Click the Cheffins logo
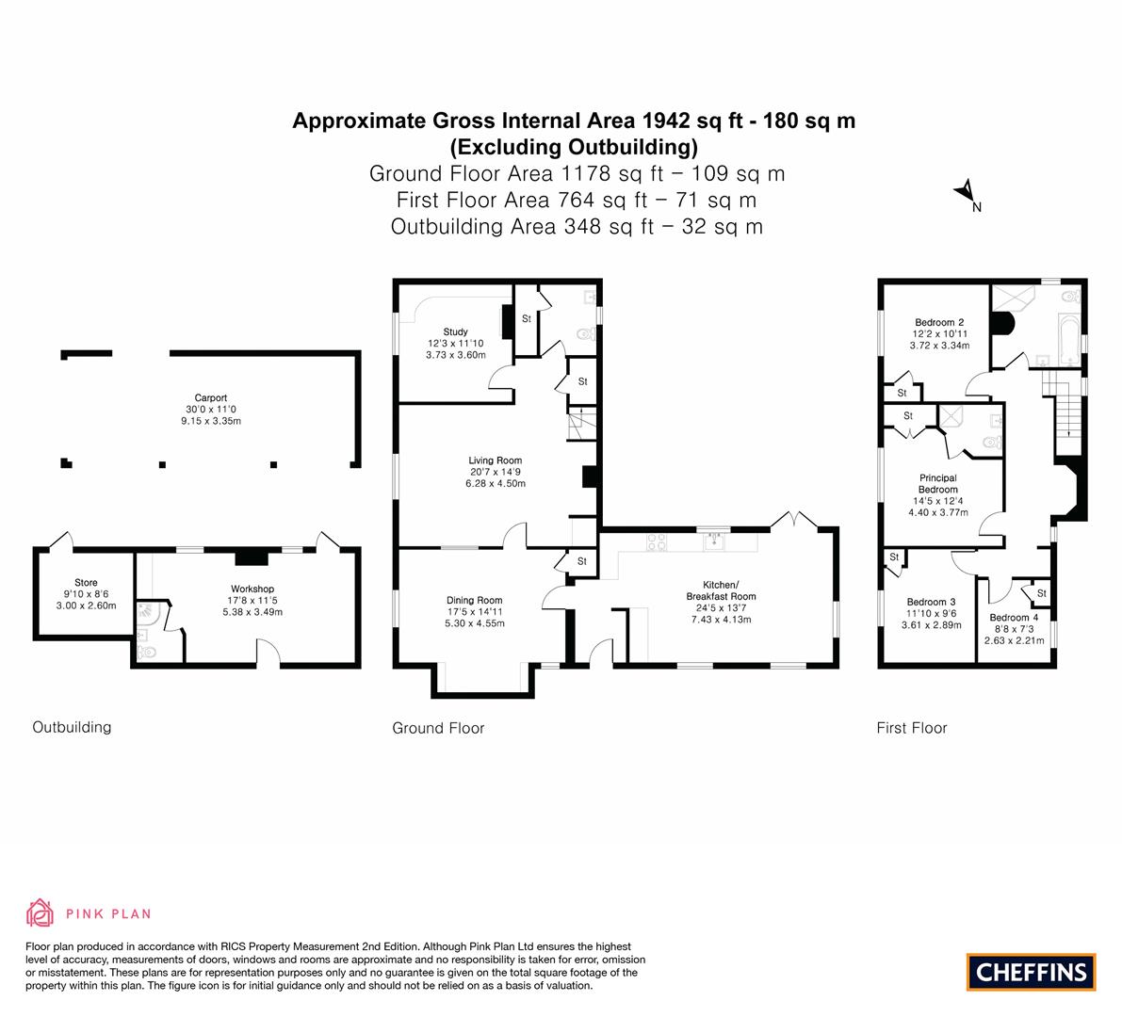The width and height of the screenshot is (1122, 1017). pos(1032,972)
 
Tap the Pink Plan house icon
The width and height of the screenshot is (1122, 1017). pos(40,912)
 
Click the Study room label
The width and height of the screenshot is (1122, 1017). pos(456,331)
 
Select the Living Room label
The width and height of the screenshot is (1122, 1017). pos(496,460)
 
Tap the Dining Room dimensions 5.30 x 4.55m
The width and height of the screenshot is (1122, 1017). pos(475,623)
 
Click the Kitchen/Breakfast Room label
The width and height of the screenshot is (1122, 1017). pos(721,590)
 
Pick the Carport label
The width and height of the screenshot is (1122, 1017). pos(210,397)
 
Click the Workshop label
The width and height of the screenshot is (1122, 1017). pos(252,589)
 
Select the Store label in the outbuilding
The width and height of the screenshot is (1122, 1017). pos(86,582)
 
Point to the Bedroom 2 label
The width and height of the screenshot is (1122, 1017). pos(939,323)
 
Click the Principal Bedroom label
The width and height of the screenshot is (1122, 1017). pos(938,483)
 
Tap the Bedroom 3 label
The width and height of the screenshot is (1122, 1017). pos(931,602)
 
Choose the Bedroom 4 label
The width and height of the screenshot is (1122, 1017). pos(1014,617)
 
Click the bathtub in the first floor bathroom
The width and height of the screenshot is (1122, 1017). pos(1068,338)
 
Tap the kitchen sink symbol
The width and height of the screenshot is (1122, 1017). pos(713,541)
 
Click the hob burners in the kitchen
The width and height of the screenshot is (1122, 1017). pos(657,541)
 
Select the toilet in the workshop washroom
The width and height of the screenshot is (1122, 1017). pos(145,653)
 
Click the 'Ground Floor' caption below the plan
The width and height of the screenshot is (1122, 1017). pos(438,728)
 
